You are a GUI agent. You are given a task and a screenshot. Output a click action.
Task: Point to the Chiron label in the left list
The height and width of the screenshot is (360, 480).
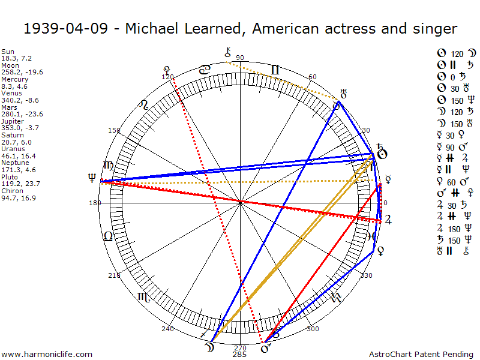tap(11, 190)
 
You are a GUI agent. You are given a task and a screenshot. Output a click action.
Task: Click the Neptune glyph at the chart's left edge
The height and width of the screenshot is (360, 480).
tap(92, 177)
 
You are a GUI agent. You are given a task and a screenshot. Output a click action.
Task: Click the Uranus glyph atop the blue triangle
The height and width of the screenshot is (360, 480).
tap(344, 93)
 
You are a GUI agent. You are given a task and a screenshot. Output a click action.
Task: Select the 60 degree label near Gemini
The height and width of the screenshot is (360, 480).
tap(313, 77)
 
